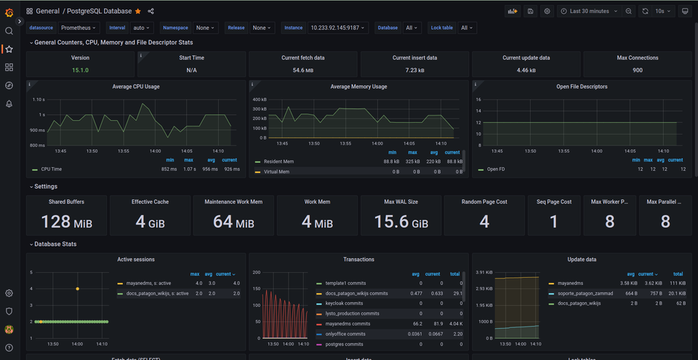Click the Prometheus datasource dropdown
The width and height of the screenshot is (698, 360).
(x=79, y=28)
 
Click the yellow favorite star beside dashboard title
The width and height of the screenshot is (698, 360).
(x=138, y=11)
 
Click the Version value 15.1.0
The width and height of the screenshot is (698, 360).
(x=80, y=70)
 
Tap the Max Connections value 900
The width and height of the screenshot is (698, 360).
(x=637, y=70)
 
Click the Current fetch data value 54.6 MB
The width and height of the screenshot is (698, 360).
(x=303, y=70)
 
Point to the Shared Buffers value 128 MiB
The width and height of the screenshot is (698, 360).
(x=66, y=222)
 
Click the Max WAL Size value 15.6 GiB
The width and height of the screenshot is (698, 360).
(x=401, y=222)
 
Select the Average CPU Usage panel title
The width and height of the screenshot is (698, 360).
(x=136, y=87)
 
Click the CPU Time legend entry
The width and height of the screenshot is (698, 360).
(x=51, y=169)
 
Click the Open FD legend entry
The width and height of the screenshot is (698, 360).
(x=496, y=169)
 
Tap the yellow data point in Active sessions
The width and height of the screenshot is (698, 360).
(x=78, y=289)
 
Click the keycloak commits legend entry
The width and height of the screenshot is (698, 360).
(x=344, y=303)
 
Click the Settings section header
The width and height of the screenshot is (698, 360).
(x=46, y=186)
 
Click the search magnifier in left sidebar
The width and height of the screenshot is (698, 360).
(x=9, y=31)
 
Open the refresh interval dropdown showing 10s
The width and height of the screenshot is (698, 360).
(x=663, y=11)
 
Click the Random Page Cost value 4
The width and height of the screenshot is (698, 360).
(x=484, y=222)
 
